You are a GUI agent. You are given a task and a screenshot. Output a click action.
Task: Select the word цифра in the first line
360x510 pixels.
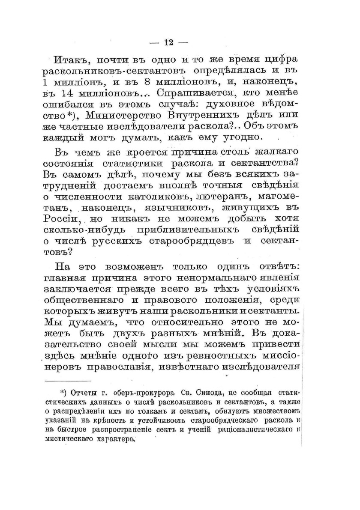[x=280, y=59]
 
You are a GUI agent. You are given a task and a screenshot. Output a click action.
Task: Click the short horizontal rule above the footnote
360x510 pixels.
[x=68, y=381]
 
